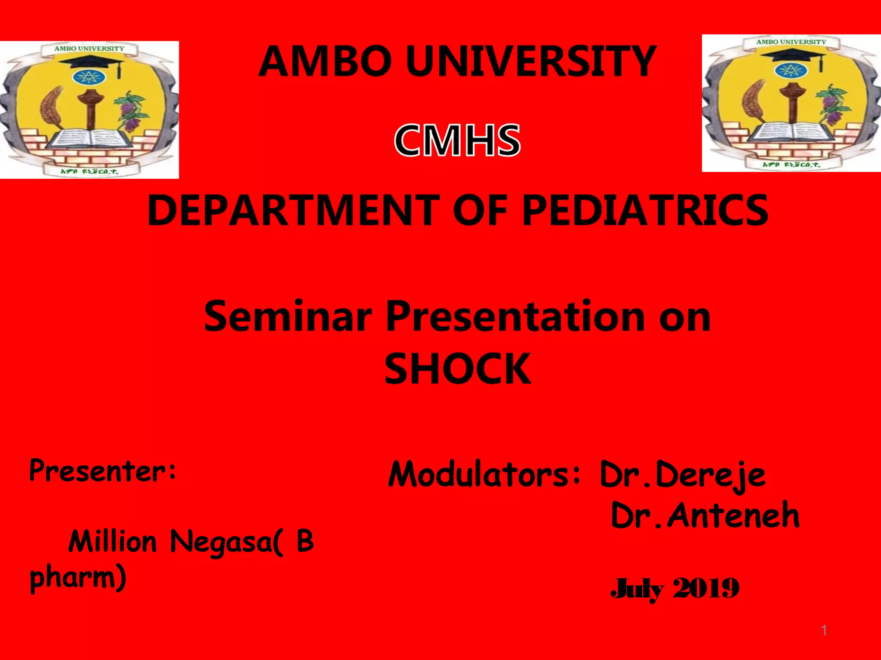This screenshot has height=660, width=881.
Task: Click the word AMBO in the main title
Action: click(325, 62)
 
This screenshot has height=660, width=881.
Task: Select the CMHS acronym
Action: click(457, 140)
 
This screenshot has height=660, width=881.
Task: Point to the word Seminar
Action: click(287, 317)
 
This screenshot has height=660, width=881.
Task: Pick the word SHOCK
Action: click(457, 369)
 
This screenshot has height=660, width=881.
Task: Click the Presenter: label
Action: click(102, 471)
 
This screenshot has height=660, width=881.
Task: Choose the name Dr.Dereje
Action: click(682, 475)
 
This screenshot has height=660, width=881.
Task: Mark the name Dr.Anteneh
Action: click(705, 516)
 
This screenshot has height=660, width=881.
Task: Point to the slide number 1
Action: click(824, 630)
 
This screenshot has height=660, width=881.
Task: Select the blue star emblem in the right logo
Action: click(789, 70)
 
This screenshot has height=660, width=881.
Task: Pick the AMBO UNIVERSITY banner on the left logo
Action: click(89, 49)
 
